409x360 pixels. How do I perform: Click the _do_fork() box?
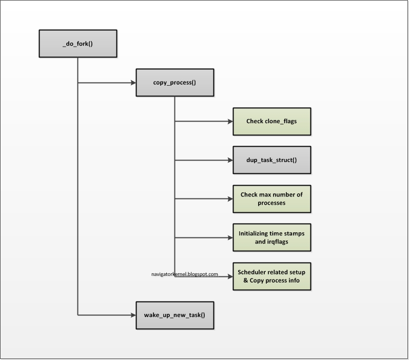tap(78, 43)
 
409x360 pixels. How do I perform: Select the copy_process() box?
tap(174, 82)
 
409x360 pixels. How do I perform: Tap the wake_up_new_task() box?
tap(174, 314)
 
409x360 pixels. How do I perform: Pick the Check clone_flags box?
tap(271, 122)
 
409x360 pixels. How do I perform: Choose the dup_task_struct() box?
tap(271, 160)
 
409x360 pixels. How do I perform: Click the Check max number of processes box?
tap(271, 198)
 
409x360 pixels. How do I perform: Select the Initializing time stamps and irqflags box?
tap(271, 237)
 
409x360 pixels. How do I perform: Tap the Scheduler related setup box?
tap(271, 276)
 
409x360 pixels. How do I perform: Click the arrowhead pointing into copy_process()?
tap(132, 83)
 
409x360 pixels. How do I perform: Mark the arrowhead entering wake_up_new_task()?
tap(132, 314)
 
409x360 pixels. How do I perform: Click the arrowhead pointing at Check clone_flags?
tap(229, 122)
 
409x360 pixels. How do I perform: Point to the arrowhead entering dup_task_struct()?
tap(229, 160)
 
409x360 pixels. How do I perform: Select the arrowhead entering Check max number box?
tap(229, 198)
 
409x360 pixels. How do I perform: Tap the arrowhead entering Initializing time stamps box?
tap(229, 237)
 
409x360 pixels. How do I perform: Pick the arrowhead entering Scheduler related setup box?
tap(229, 276)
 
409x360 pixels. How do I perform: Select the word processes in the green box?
tap(271, 203)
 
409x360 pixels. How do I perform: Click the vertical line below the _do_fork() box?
tap(78, 179)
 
